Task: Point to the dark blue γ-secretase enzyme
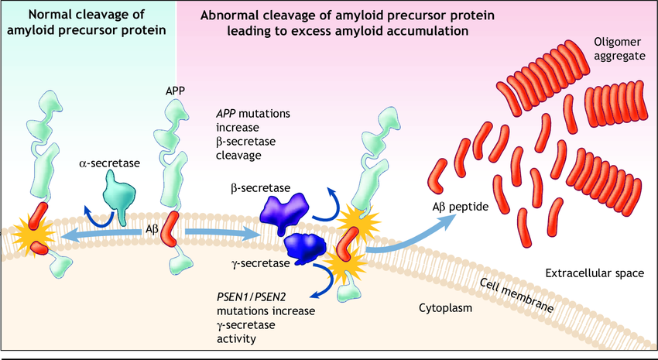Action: point(308,247)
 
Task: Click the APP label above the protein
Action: point(175,91)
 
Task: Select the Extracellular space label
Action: point(595,273)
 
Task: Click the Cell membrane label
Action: point(516,295)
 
